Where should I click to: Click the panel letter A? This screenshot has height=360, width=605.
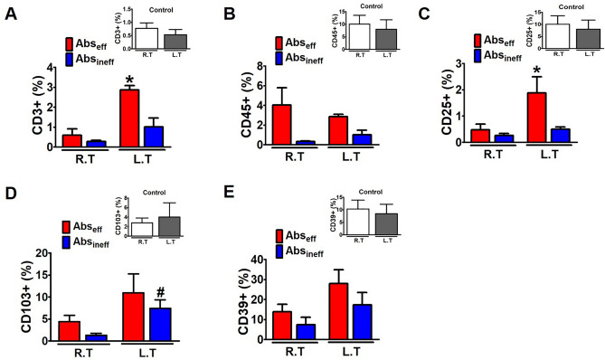[x=11, y=12]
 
